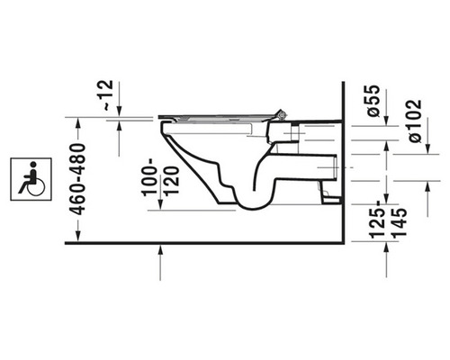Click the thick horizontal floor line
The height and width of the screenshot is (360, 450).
(207, 243)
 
